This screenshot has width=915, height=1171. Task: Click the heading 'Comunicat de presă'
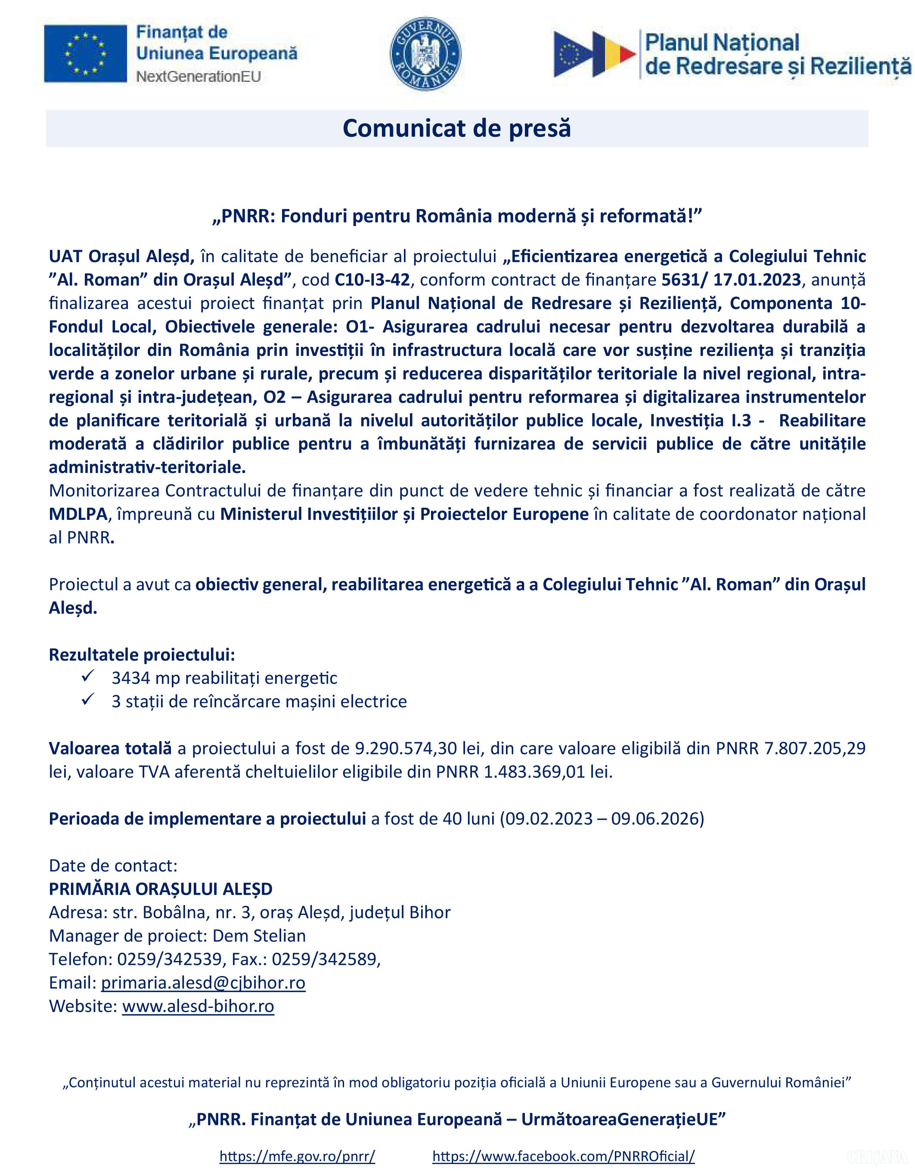coord(456,129)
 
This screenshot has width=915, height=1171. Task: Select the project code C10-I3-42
coord(372,280)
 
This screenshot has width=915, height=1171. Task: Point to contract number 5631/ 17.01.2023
coord(731,280)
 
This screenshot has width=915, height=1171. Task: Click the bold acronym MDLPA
coord(78,514)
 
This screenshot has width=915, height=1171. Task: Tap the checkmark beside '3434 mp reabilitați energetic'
coord(88,677)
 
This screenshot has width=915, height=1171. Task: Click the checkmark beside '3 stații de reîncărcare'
coord(88,700)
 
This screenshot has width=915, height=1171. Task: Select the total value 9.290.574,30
coord(418,748)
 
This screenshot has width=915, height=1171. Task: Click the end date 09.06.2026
coord(654,819)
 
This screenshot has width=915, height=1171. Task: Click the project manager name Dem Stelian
coord(259,936)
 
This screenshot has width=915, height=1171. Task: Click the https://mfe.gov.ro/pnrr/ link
coord(297,1156)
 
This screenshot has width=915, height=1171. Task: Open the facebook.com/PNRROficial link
coord(563,1156)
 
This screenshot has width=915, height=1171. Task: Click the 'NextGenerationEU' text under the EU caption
coord(199,77)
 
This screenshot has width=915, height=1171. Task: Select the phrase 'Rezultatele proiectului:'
coord(142,655)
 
